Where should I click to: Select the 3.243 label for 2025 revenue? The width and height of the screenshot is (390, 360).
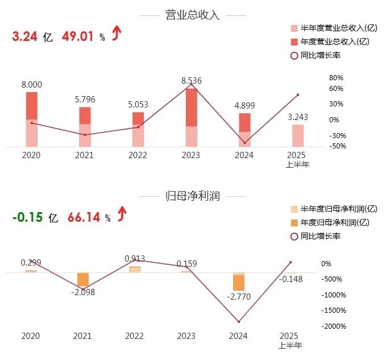coord(298,117)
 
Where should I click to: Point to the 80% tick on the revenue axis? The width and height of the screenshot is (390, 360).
coord(337,78)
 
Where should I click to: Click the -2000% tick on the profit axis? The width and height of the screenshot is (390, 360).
coord(334,326)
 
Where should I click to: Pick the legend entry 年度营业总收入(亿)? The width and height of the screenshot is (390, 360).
coord(335,42)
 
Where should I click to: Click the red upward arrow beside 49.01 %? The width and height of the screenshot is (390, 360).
coord(117,35)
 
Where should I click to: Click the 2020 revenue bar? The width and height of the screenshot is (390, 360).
coord(32,119)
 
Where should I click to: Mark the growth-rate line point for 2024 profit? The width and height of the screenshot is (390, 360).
coord(239,322)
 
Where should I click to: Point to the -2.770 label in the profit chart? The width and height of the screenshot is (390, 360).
coord(239,296)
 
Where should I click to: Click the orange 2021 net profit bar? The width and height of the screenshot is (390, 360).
coord(84,279)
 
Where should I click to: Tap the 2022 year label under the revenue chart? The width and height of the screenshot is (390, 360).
coord(138,155)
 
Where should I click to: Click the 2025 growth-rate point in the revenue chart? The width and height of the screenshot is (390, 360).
coord(297,94)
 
